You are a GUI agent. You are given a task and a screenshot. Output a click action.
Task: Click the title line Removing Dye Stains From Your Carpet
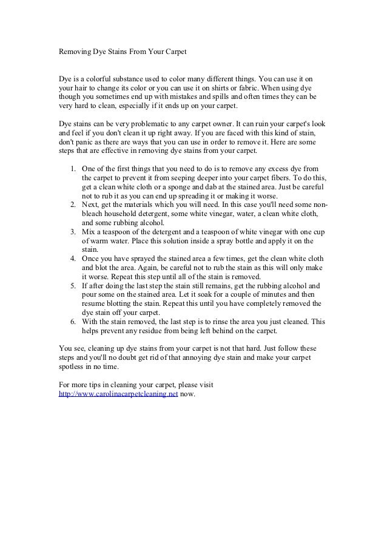coord(122,52)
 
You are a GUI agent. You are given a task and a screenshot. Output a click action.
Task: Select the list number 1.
coord(72,168)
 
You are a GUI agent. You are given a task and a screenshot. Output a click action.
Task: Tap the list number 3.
coord(72,231)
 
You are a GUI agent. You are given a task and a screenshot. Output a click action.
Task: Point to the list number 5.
coord(72,285)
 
